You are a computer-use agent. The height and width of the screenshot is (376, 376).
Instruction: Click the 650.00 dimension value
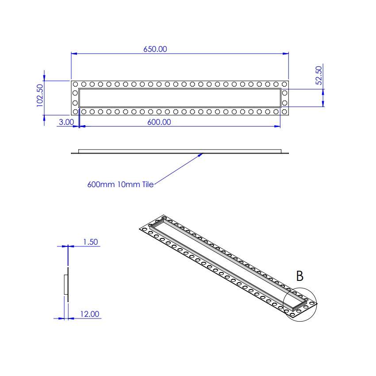pos(155,49)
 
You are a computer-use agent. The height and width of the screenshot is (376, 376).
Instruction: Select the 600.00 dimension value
pos(159,122)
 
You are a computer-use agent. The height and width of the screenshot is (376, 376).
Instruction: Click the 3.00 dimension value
pos(66,122)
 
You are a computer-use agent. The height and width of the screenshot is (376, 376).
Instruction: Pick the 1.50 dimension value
pos(90,242)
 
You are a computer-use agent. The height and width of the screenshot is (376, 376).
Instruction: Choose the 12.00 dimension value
pos(89,314)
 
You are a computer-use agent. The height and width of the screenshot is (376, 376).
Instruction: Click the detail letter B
pos(299,276)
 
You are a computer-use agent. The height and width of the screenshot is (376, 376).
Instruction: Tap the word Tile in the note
pos(148,185)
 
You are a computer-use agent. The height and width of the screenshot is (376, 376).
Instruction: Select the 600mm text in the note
pos(101,185)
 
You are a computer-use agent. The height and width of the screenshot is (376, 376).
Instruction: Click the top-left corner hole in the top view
pos(75,84)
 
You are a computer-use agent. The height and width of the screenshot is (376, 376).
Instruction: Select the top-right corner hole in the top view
pos(284,84)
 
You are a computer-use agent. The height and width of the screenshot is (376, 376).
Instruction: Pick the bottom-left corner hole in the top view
pos(75,112)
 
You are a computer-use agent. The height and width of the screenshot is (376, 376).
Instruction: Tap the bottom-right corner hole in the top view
pos(284,112)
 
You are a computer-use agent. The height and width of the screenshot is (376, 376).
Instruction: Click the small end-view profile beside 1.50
pos(67,284)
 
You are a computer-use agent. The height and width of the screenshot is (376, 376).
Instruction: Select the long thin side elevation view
pos(180,152)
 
